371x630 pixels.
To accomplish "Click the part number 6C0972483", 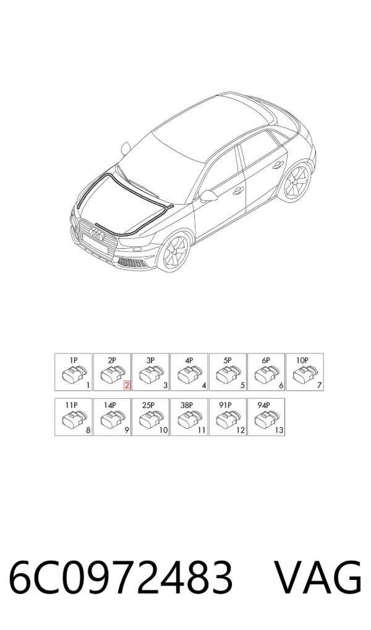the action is coord(121,578).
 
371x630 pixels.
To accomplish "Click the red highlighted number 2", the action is coord(127,386).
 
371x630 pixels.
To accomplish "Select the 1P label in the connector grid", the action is coord(73,360).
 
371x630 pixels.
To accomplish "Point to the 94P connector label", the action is coord(265,405).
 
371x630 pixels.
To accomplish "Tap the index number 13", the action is coord(279,430).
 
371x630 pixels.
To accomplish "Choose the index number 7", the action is coord(319,386).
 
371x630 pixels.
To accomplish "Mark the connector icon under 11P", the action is coord(73,420).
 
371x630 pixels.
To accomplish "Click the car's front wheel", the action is coord(173,252).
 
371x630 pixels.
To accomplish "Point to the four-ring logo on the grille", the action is coord(96,233).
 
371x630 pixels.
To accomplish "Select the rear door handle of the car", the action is coord(276,165).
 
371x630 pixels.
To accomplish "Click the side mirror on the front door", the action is coord(209,196).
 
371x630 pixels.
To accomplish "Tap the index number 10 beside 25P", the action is coord(163,430).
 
